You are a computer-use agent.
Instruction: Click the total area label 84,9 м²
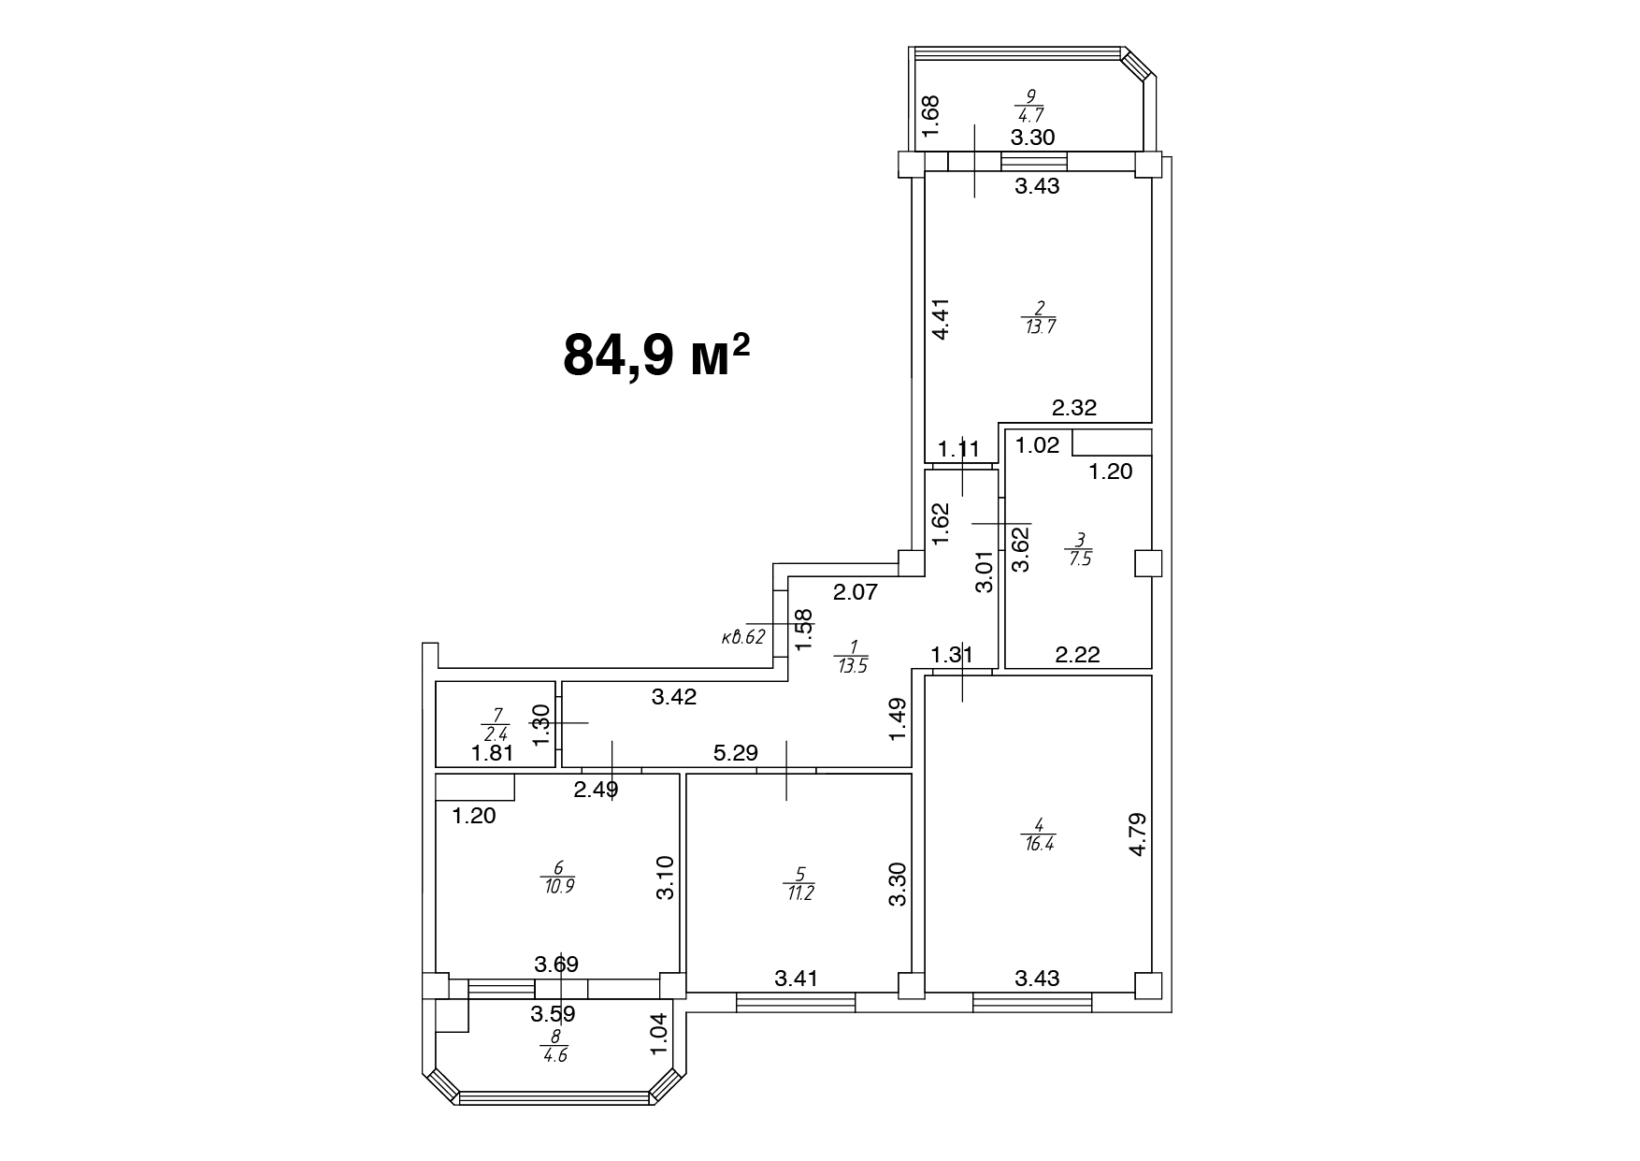(x=657, y=355)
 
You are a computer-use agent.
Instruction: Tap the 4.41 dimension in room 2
(x=942, y=318)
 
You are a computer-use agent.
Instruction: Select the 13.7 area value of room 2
(x=1040, y=327)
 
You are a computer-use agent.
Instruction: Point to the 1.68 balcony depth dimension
(x=931, y=116)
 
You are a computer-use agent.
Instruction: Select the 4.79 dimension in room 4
(x=1138, y=834)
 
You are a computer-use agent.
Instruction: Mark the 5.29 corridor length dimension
(x=735, y=752)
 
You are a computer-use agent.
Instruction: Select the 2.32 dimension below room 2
(x=1074, y=408)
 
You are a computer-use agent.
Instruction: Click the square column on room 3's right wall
(x=1148, y=563)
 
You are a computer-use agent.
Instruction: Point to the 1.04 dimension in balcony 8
(x=661, y=1035)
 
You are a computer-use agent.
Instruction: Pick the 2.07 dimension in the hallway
(x=856, y=591)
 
